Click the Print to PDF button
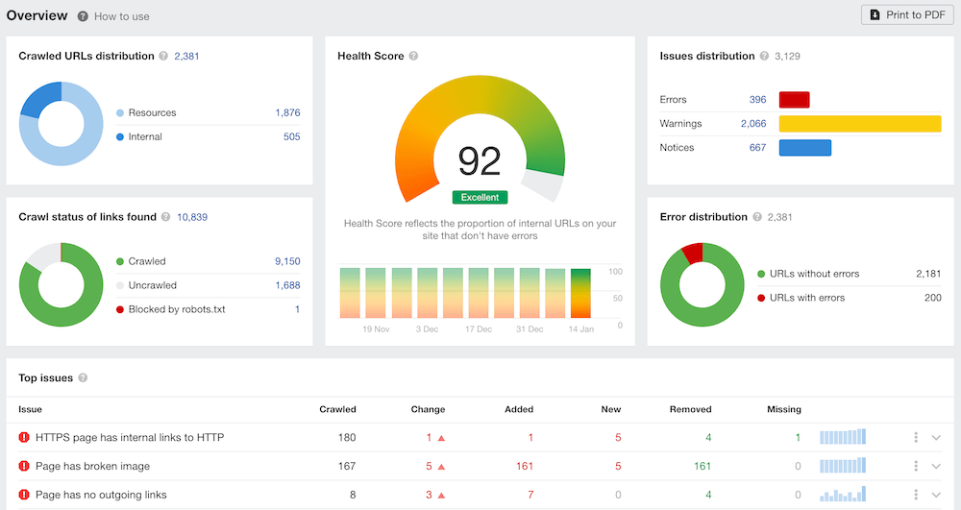tap(907, 14)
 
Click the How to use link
tap(121, 16)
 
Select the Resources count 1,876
tap(287, 112)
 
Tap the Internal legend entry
tap(145, 136)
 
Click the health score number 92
tap(480, 161)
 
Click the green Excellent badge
tap(480, 197)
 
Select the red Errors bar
tap(794, 100)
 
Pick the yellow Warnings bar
tap(859, 124)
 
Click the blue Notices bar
tap(804, 148)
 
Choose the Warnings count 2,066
tap(752, 124)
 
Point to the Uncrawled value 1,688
tap(287, 285)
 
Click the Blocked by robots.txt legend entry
tap(176, 309)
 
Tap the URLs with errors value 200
tap(932, 298)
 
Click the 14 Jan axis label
tap(579, 329)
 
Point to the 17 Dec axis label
tap(478, 329)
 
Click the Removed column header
tap(690, 409)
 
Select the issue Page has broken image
tap(92, 466)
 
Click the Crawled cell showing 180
tap(345, 438)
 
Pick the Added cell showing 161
tap(524, 466)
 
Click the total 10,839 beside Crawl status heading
tap(192, 217)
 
